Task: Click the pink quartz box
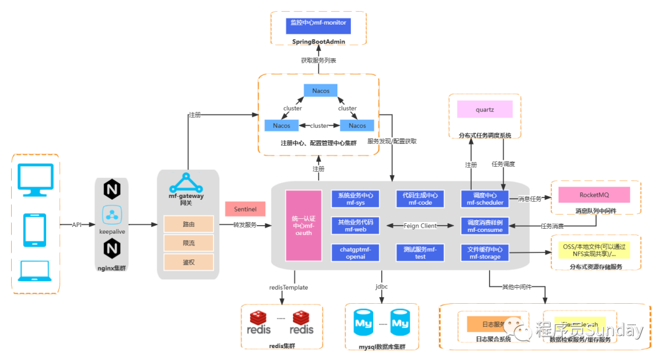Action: (x=485, y=110)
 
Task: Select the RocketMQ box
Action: (x=594, y=195)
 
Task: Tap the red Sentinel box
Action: (x=244, y=210)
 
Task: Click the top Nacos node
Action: (x=321, y=91)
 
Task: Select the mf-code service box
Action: (x=421, y=199)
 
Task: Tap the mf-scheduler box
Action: (x=485, y=199)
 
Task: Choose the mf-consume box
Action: (x=485, y=226)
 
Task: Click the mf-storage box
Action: (x=485, y=253)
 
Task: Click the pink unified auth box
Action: (x=304, y=225)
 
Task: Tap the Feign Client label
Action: (x=421, y=226)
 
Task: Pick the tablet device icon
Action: (x=35, y=229)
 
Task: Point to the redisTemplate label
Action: (x=288, y=287)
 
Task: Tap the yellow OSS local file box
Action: (x=594, y=250)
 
